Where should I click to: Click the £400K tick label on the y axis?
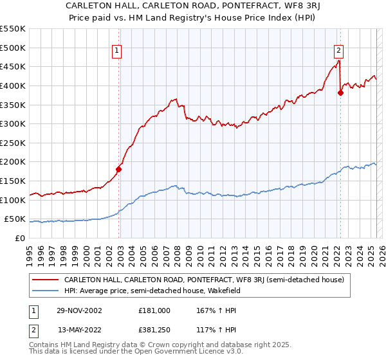(13, 85)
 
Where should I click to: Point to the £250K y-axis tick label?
(13, 143)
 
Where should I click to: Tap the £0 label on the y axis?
(21, 238)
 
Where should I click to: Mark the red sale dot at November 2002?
(118, 169)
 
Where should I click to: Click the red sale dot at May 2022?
(340, 93)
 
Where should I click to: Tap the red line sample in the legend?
(45, 280)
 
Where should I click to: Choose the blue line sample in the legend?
(45, 291)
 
